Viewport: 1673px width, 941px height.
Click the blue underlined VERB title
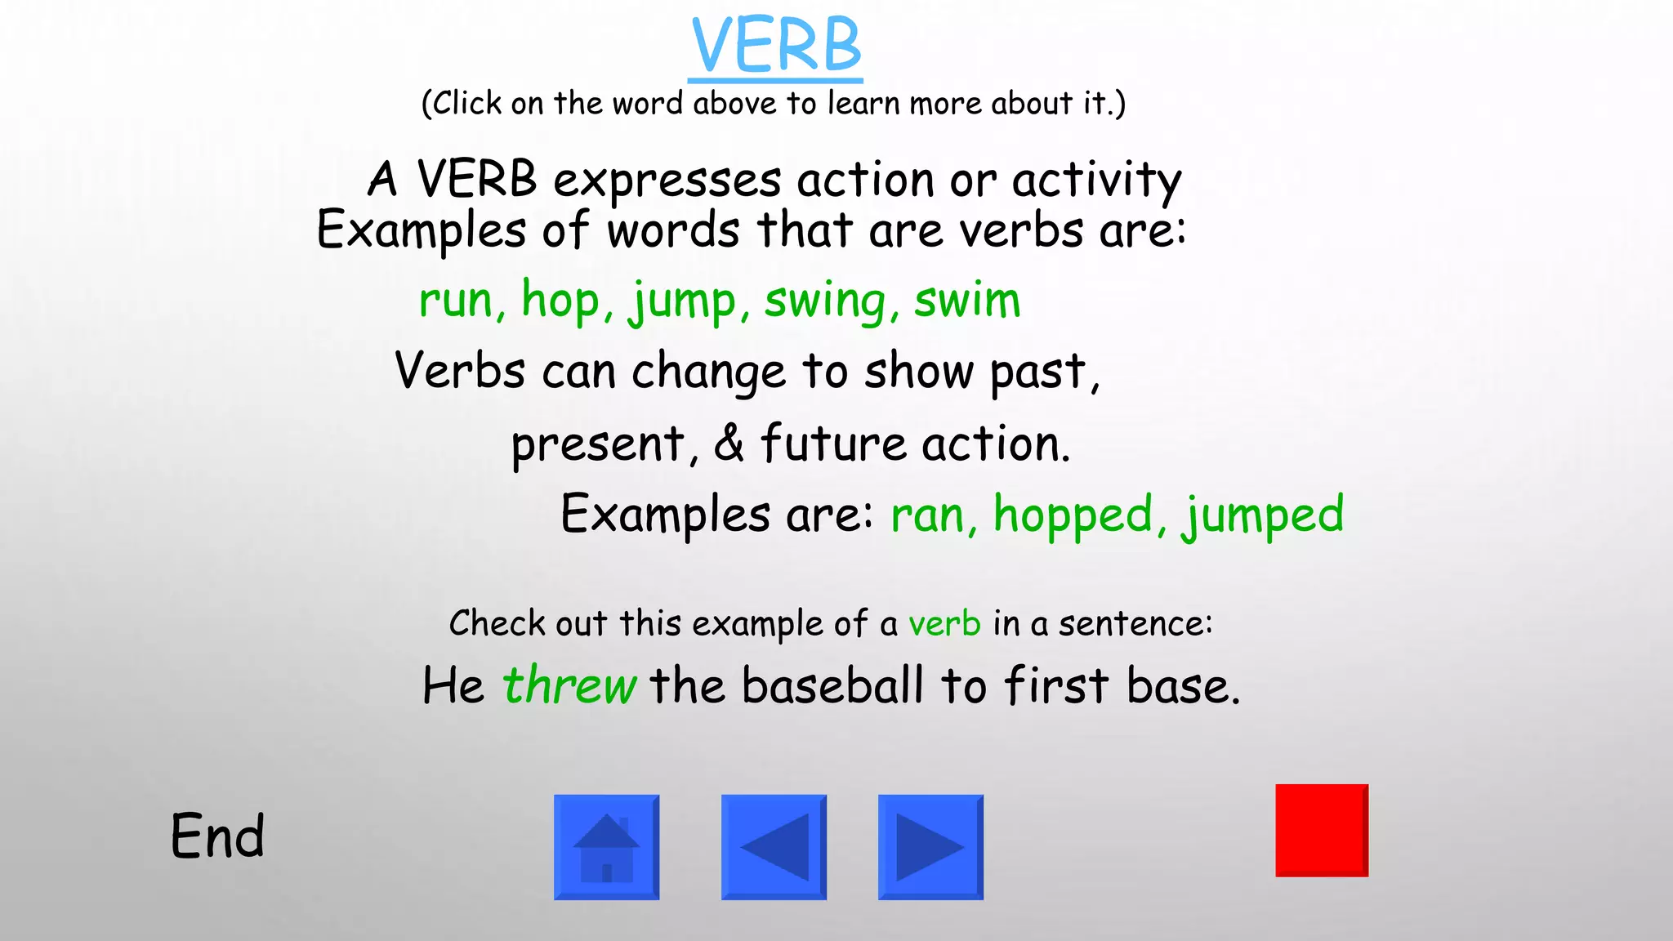tap(775, 47)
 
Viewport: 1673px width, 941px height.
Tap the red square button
tap(1321, 830)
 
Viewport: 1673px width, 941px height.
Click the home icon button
tap(606, 847)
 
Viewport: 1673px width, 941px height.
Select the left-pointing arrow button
tap(774, 847)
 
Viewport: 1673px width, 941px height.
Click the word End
tap(217, 836)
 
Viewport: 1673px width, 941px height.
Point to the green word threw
tap(569, 685)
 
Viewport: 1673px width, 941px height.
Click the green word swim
tap(966, 300)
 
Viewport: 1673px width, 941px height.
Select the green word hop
tap(560, 300)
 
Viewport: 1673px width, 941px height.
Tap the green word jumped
tap(1262, 515)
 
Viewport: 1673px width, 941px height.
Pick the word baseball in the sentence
tap(832, 685)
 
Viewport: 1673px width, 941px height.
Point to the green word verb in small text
tap(944, 624)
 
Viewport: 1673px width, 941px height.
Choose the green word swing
tap(825, 300)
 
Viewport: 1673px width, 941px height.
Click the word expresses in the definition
tap(667, 180)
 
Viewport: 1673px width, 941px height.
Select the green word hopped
tap(1073, 515)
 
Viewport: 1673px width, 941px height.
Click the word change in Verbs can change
tap(708, 371)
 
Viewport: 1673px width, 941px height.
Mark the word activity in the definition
tap(1096, 180)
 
